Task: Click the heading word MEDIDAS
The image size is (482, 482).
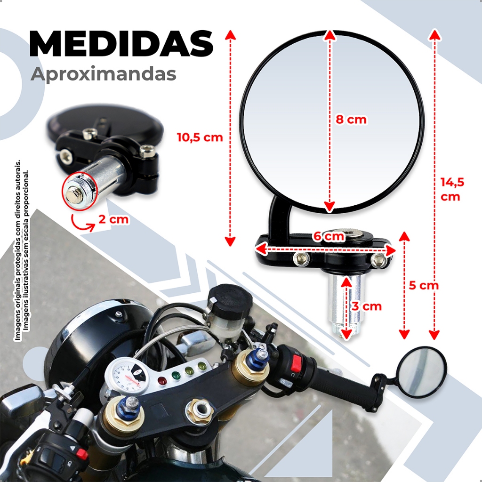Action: point(121,44)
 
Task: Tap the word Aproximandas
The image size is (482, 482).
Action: point(104,74)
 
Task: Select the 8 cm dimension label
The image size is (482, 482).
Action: point(351,120)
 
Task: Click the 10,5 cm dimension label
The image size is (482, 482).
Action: point(200,137)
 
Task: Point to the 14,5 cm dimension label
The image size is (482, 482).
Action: point(453,189)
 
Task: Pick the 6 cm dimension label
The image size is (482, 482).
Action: point(328,237)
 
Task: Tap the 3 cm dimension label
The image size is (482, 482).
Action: point(367,306)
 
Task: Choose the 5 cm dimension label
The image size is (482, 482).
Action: point(423,285)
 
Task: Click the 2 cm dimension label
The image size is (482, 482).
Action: point(113,219)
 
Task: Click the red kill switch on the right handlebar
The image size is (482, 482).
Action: point(297,363)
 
